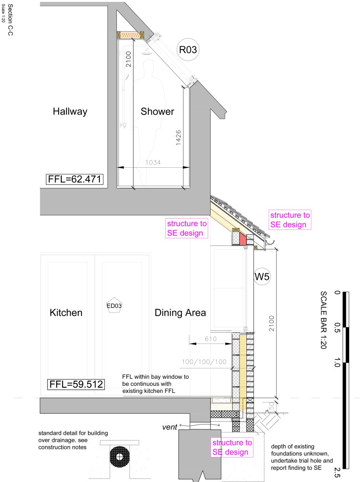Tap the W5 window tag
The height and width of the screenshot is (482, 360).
[x=262, y=277]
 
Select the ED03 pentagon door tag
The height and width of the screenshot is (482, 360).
[x=114, y=305]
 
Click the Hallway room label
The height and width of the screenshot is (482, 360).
[x=70, y=111]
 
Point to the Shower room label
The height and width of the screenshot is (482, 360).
[x=157, y=111]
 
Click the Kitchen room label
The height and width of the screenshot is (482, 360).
[x=66, y=313]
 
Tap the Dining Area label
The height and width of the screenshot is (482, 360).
[x=180, y=313]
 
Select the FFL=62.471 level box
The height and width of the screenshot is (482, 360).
[x=75, y=179]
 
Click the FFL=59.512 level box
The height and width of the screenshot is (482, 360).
[x=76, y=384]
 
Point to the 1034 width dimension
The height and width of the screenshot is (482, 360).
[x=153, y=162]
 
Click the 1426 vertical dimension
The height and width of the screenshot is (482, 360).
[x=178, y=138]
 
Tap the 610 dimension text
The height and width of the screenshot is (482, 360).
[x=211, y=339]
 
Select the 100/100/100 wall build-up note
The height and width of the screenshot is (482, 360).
[x=204, y=362]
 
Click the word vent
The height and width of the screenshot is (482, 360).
[x=170, y=427]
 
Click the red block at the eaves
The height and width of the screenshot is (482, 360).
[x=243, y=239]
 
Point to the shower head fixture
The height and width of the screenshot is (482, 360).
[x=146, y=52]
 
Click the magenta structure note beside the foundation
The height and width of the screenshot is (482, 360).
[x=232, y=447]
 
